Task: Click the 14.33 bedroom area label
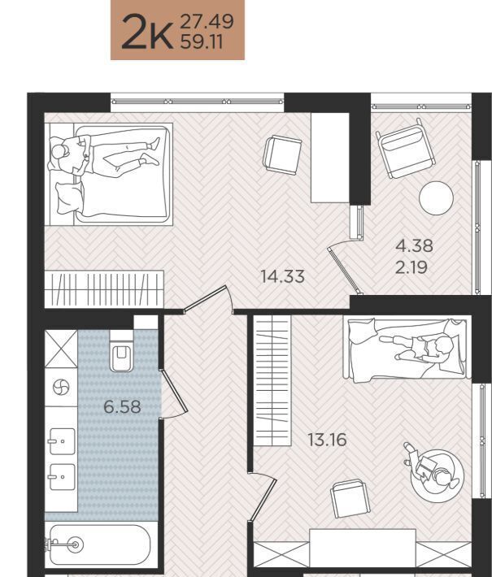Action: coord(282,276)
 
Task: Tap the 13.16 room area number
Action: coord(327,440)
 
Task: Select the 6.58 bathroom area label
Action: coord(122,407)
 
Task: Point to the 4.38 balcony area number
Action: coord(414,245)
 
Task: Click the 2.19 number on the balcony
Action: coord(411,267)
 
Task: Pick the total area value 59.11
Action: coord(202,42)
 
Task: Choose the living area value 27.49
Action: coord(207,21)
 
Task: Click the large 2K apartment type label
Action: coord(147,32)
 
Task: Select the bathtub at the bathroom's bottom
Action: coord(99,545)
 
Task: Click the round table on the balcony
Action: coord(436,198)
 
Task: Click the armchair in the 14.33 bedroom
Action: coord(282,154)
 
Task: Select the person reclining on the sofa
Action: coord(418,348)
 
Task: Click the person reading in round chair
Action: coord(431,467)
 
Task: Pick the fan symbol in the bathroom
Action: coord(61,387)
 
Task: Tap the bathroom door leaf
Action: coord(175,391)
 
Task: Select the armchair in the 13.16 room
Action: coord(350,498)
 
